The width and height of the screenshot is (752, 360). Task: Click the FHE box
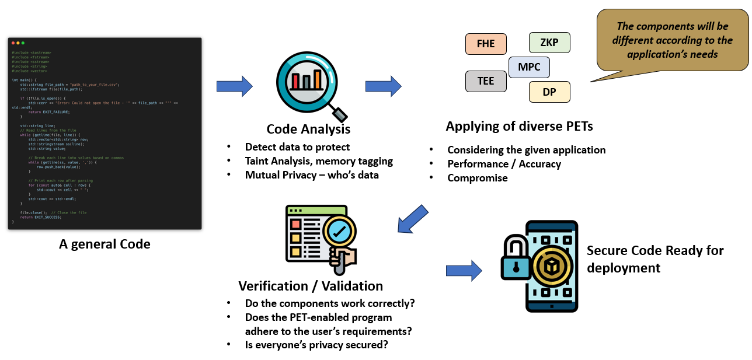[486, 44]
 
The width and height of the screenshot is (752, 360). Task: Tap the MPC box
[529, 67]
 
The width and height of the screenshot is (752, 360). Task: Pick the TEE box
[486, 81]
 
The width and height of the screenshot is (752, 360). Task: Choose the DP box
[549, 92]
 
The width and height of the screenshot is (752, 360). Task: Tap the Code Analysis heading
[308, 129]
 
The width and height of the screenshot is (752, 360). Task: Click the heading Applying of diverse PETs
[519, 126]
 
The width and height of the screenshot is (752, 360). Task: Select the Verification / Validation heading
[311, 286]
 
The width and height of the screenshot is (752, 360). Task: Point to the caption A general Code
[105, 244]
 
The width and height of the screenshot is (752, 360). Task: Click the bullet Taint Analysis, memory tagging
[319, 161]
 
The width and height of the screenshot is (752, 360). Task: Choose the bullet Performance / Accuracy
[504, 164]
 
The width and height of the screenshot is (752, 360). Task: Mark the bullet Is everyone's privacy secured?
[316, 344]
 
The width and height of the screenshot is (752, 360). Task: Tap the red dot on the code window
[13, 43]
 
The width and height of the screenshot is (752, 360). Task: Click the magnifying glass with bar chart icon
[308, 82]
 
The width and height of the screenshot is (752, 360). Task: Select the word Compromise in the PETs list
[478, 178]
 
